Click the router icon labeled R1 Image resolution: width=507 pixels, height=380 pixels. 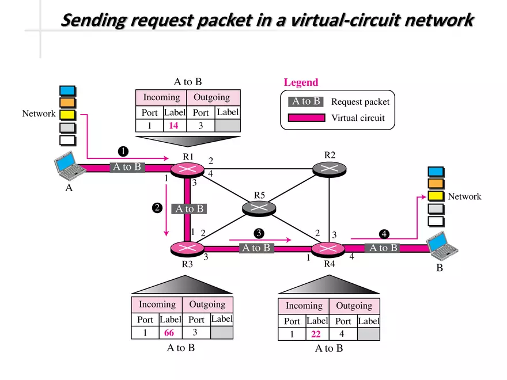(x=186, y=169)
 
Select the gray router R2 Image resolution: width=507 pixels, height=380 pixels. (x=330, y=168)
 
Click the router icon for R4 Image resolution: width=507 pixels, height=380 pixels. (x=328, y=249)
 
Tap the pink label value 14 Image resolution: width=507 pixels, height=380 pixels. (x=173, y=126)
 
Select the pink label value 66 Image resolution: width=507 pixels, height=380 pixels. (x=169, y=333)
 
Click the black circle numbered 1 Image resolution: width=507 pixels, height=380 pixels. (x=122, y=151)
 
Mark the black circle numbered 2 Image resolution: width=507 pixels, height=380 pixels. (x=157, y=208)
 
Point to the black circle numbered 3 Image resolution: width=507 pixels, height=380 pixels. (x=259, y=233)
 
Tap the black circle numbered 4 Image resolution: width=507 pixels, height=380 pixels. (x=384, y=234)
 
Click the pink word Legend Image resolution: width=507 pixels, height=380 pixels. (x=301, y=83)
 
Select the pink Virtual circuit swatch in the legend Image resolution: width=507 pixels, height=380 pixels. (x=306, y=118)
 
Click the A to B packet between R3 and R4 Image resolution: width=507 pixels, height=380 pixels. (x=256, y=248)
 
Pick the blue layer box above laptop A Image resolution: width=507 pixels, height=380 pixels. (x=67, y=90)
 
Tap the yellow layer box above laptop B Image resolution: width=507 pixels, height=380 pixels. (x=436, y=196)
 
